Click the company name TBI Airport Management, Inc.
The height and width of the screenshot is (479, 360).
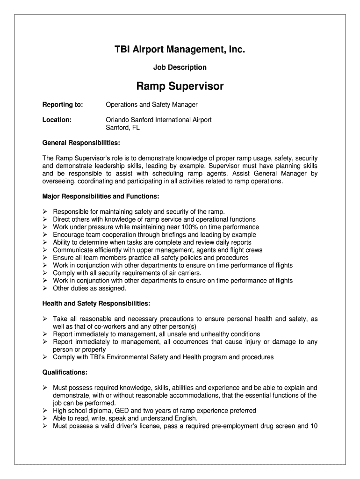(x=180, y=49)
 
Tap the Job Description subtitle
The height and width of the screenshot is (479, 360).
(x=180, y=67)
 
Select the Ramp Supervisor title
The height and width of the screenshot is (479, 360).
(x=180, y=87)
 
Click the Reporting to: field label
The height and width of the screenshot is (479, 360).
(x=63, y=105)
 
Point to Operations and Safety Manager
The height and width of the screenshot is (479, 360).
(x=151, y=105)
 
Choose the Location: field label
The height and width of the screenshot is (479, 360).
(x=57, y=120)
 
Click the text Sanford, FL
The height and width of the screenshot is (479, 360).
(x=122, y=127)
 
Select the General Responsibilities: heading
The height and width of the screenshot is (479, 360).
(x=81, y=142)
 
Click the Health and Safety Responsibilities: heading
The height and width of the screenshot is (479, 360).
(x=96, y=304)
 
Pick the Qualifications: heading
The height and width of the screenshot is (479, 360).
(x=65, y=372)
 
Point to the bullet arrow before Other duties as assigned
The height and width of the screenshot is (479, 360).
(x=45, y=288)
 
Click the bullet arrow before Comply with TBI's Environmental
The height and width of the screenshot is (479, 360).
(x=45, y=357)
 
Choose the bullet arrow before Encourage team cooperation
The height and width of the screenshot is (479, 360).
(x=45, y=235)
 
